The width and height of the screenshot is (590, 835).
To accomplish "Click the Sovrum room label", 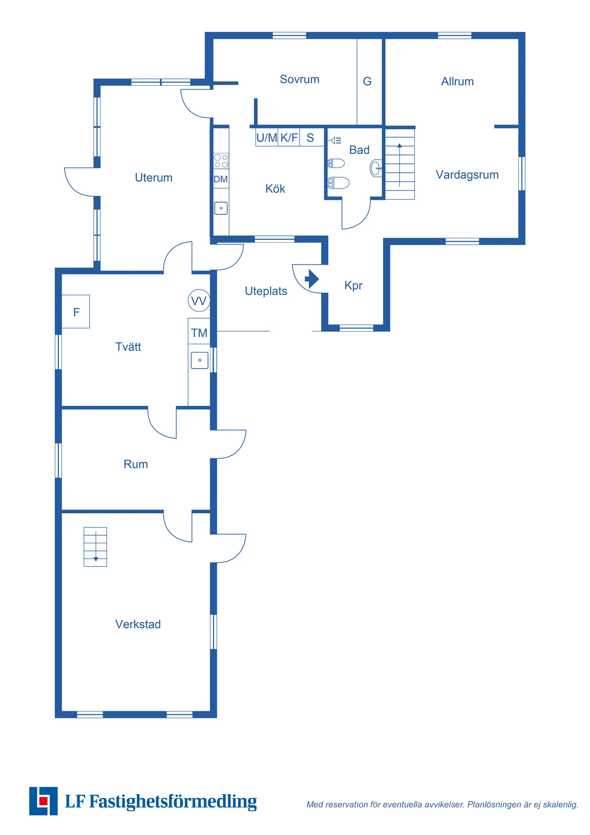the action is pyautogui.click(x=299, y=79).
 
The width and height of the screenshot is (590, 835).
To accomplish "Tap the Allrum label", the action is pyautogui.click(x=457, y=82).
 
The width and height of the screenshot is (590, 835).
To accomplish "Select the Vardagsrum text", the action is pyautogui.click(x=467, y=175).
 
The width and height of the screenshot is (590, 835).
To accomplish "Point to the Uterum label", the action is pyautogui.click(x=153, y=177).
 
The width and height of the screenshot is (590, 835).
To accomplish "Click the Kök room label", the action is pyautogui.click(x=275, y=188).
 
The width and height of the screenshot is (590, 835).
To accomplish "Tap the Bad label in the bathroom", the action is pyautogui.click(x=359, y=150).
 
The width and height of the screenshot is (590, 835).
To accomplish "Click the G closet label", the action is pyautogui.click(x=367, y=81).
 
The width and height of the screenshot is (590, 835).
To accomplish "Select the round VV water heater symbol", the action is pyautogui.click(x=198, y=300).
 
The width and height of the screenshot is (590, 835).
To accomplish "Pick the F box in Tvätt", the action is pyautogui.click(x=76, y=311).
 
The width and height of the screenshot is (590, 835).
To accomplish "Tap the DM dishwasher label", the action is pyautogui.click(x=220, y=179).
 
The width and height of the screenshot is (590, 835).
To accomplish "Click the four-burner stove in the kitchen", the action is pyautogui.click(x=221, y=161).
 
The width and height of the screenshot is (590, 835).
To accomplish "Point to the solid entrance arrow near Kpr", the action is pyautogui.click(x=312, y=279).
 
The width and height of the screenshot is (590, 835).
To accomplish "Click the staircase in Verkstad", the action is pyautogui.click(x=95, y=547).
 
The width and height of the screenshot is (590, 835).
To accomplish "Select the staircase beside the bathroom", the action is pyautogui.click(x=400, y=164).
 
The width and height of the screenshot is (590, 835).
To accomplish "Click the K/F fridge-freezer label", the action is pyautogui.click(x=289, y=138).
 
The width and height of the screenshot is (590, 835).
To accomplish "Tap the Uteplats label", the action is pyautogui.click(x=266, y=291).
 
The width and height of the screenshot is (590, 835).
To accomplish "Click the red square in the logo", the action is pyautogui.click(x=43, y=800).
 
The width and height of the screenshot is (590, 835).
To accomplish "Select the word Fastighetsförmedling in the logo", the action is pyautogui.click(x=173, y=801).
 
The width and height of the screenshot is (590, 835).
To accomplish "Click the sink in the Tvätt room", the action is pyautogui.click(x=200, y=360).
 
